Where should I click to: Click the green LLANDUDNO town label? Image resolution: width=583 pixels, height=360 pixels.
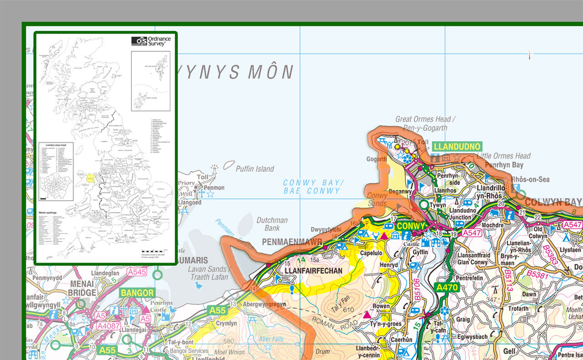tap(456, 147)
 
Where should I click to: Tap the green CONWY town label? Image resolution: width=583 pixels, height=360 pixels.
tap(411, 226)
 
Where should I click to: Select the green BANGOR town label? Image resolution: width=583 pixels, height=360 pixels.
tap(137, 292)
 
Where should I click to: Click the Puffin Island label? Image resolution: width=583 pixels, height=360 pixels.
tap(255, 169)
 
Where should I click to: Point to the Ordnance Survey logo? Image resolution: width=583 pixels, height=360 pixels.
tap(151, 41)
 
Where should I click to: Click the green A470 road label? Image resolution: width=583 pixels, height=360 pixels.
tap(446, 288)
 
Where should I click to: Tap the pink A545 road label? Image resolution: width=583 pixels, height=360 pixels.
tap(136, 272)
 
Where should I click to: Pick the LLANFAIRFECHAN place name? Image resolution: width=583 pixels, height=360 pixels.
tap(314, 271)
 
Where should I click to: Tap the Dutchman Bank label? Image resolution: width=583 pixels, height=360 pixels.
tap(272, 224)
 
